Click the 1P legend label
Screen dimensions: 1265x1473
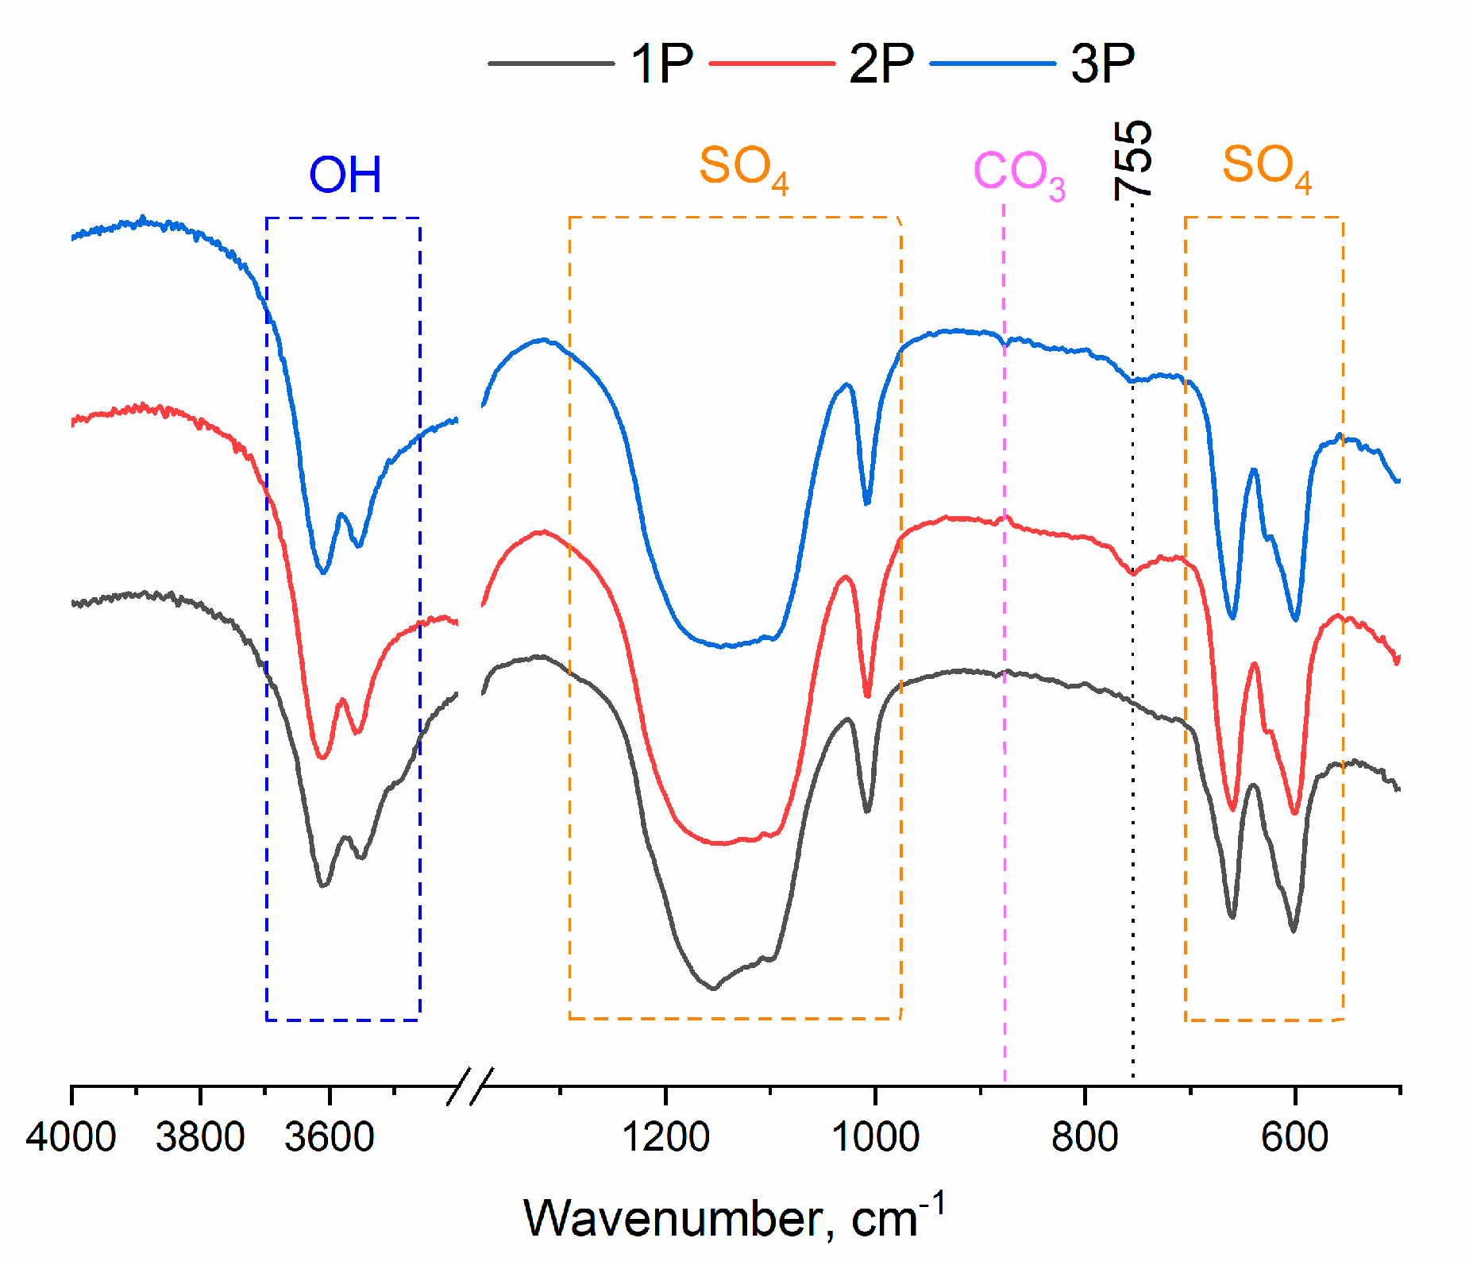(x=661, y=63)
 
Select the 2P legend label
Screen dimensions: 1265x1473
(x=881, y=63)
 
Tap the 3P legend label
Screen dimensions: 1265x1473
(x=1102, y=63)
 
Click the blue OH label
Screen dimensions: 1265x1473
(x=345, y=175)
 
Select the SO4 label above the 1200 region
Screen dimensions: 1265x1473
(x=743, y=168)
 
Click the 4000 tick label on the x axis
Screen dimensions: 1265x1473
(x=71, y=1137)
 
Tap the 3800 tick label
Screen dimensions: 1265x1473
(x=200, y=1137)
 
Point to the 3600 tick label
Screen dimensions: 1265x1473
(x=329, y=1137)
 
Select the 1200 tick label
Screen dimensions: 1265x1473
(x=665, y=1137)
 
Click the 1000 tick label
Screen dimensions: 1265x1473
(x=875, y=1137)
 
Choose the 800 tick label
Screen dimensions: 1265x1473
(x=1085, y=1137)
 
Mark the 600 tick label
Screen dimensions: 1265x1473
(x=1294, y=1137)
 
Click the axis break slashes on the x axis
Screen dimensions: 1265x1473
(x=470, y=1086)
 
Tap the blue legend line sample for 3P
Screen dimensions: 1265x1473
(x=993, y=63)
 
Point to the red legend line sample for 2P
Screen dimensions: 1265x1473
(x=771, y=63)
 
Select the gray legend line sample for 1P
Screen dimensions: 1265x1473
(x=551, y=63)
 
